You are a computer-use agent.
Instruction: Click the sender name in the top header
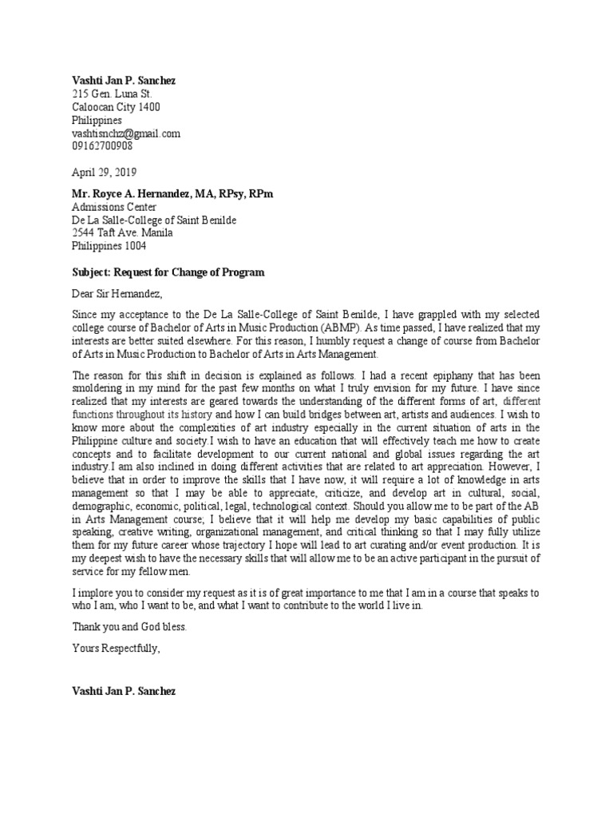[123, 80]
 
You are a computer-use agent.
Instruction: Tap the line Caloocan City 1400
[116, 107]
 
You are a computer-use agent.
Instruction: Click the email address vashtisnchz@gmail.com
[126, 133]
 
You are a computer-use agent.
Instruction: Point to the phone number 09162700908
[102, 146]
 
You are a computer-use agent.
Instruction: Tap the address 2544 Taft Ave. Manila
[121, 233]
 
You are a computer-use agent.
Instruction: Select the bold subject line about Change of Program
[168, 272]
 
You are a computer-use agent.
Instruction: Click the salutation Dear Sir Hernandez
[117, 293]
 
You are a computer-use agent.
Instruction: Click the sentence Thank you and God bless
[129, 627]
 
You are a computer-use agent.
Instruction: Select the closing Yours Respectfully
[117, 648]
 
